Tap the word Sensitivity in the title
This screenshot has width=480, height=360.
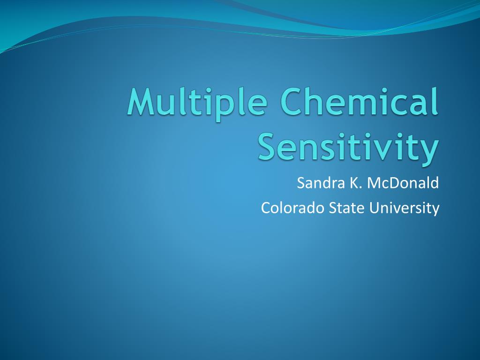coord(348,146)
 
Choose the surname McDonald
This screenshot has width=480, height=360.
coord(403,183)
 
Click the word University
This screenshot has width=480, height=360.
coord(404,207)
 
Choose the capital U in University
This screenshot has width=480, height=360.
coord(374,207)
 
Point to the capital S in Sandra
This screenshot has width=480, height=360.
coord(301,183)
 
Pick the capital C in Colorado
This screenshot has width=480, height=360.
coord(265,207)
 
